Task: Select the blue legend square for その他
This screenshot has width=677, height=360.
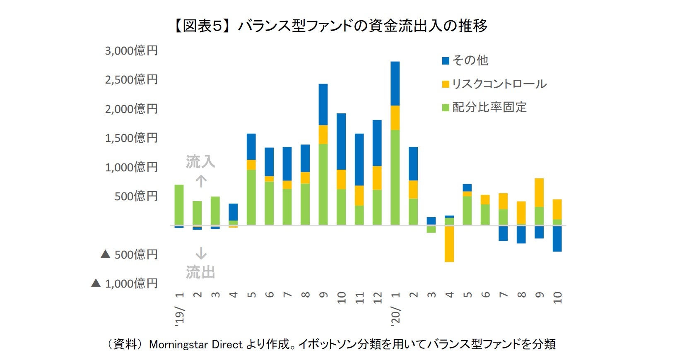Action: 446,61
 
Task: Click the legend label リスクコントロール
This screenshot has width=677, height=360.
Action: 499,84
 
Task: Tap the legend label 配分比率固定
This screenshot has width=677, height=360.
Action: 489,107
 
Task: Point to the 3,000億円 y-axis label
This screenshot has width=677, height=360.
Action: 131,50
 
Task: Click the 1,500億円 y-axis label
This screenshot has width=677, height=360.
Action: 131,138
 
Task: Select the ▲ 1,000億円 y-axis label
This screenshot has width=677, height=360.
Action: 125,283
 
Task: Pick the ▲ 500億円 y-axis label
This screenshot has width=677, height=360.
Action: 129,254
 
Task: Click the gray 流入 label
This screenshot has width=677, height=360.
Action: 200,161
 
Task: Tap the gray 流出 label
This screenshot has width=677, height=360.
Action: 200,272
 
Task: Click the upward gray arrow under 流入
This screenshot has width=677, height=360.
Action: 201,181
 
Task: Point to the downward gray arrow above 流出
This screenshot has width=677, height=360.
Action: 201,253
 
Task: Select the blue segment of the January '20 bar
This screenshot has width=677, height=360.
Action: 395,84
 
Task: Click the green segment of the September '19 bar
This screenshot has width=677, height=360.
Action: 323,184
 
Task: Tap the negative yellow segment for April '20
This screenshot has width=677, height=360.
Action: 449,244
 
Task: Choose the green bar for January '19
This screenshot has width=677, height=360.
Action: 179,205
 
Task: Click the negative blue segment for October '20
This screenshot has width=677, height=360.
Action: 557,239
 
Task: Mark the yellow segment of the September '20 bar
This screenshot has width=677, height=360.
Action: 539,192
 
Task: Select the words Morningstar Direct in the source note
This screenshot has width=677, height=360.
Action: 195,344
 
